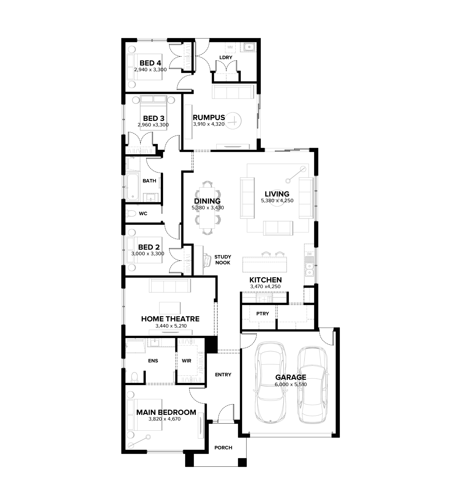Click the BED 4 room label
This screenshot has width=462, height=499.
coord(150,63)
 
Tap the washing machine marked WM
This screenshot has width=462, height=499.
coord(230,47)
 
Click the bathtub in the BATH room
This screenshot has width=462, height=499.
coord(133,187)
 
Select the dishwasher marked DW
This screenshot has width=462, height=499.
coord(309,254)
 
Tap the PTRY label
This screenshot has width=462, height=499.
coord(263,314)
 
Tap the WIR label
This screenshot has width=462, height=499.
coord(186,361)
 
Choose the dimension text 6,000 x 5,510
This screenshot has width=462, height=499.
coord(291,384)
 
